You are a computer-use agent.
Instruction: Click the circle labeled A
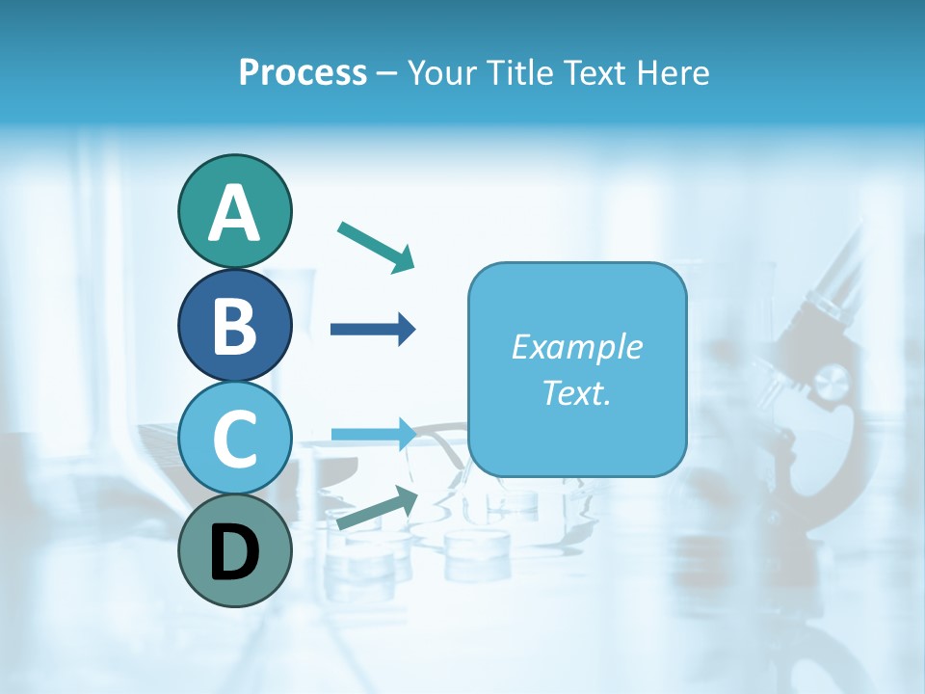[234, 211]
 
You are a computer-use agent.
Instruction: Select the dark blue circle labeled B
[234, 325]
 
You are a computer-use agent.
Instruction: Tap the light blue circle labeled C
[234, 439]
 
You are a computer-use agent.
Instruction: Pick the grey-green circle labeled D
[234, 551]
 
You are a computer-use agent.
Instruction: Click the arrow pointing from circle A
[377, 247]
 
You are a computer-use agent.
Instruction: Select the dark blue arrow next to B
[373, 329]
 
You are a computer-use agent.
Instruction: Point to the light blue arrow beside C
[373, 434]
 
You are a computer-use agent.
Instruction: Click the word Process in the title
[303, 73]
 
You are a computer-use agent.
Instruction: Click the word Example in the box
[576, 347]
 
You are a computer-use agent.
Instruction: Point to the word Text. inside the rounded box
[576, 393]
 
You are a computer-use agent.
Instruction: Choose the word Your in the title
[441, 73]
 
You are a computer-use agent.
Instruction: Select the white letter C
[234, 440]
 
